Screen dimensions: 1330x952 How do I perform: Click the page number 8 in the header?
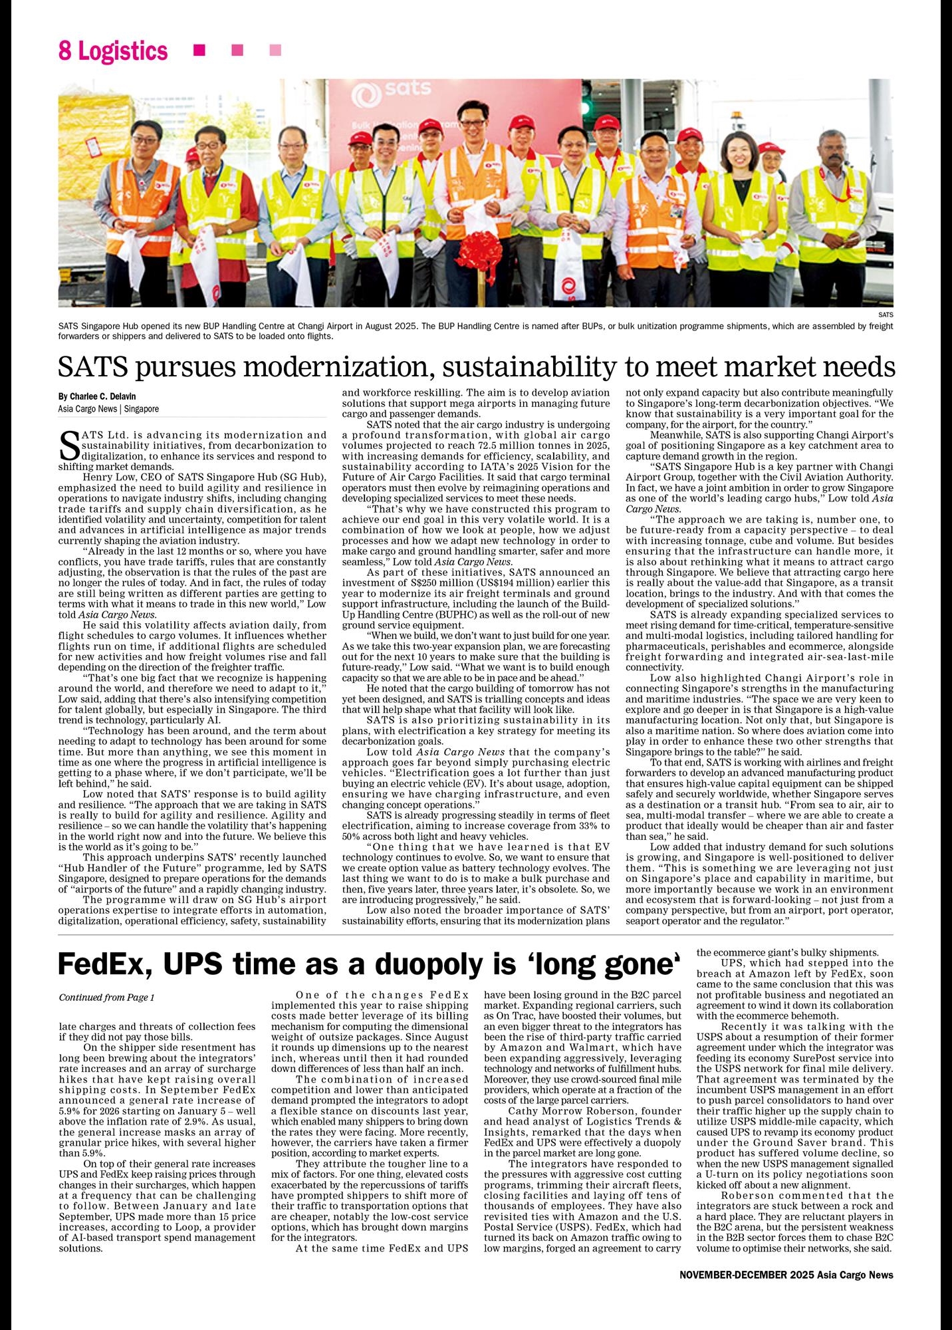[x=64, y=51]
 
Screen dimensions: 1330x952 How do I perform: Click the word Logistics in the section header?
[x=123, y=51]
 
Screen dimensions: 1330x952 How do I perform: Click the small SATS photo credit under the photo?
[x=886, y=315]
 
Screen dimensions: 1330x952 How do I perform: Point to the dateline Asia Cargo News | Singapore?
[x=108, y=409]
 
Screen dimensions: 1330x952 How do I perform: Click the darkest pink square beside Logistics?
[x=199, y=51]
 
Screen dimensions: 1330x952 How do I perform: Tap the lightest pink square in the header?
[x=275, y=51]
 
